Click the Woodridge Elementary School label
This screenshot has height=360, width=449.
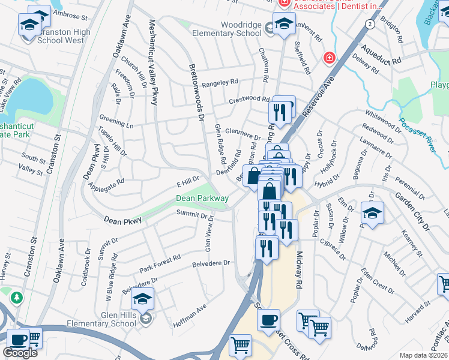click(x=227, y=28)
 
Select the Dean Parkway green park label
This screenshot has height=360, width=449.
click(x=202, y=198)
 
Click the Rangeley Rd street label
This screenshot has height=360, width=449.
click(x=220, y=82)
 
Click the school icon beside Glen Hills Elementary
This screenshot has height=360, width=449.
click(x=142, y=299)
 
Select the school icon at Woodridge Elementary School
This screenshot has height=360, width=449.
click(x=283, y=23)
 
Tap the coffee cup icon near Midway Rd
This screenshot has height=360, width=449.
click(x=269, y=319)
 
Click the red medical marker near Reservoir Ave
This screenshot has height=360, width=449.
click(x=328, y=58)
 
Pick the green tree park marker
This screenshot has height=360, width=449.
click(x=17, y=297)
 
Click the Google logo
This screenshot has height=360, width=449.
click(x=20, y=353)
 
